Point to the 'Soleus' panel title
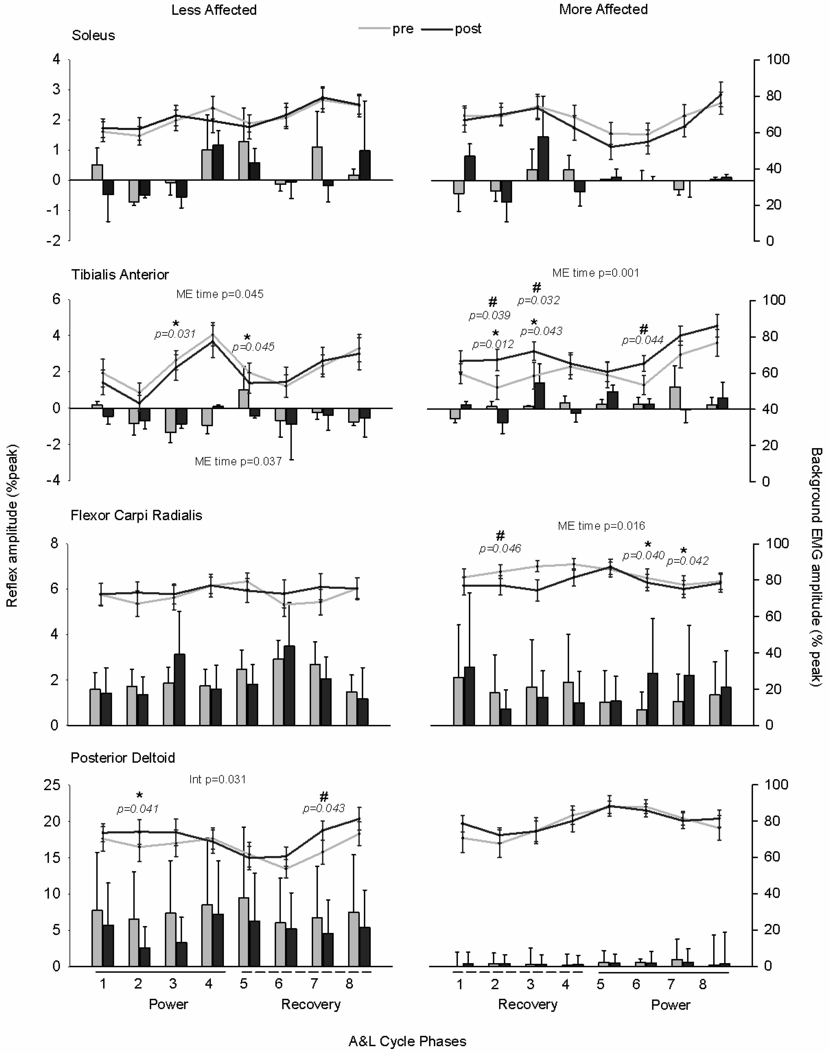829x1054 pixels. [x=93, y=35]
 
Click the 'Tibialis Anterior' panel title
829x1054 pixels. [x=120, y=275]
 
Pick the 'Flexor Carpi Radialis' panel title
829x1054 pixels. [x=136, y=515]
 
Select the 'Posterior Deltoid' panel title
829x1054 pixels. [x=123, y=758]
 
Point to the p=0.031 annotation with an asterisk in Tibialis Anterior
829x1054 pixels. [x=175, y=334]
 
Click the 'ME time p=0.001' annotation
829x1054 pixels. [x=595, y=273]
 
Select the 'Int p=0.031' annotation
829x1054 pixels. [x=217, y=779]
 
